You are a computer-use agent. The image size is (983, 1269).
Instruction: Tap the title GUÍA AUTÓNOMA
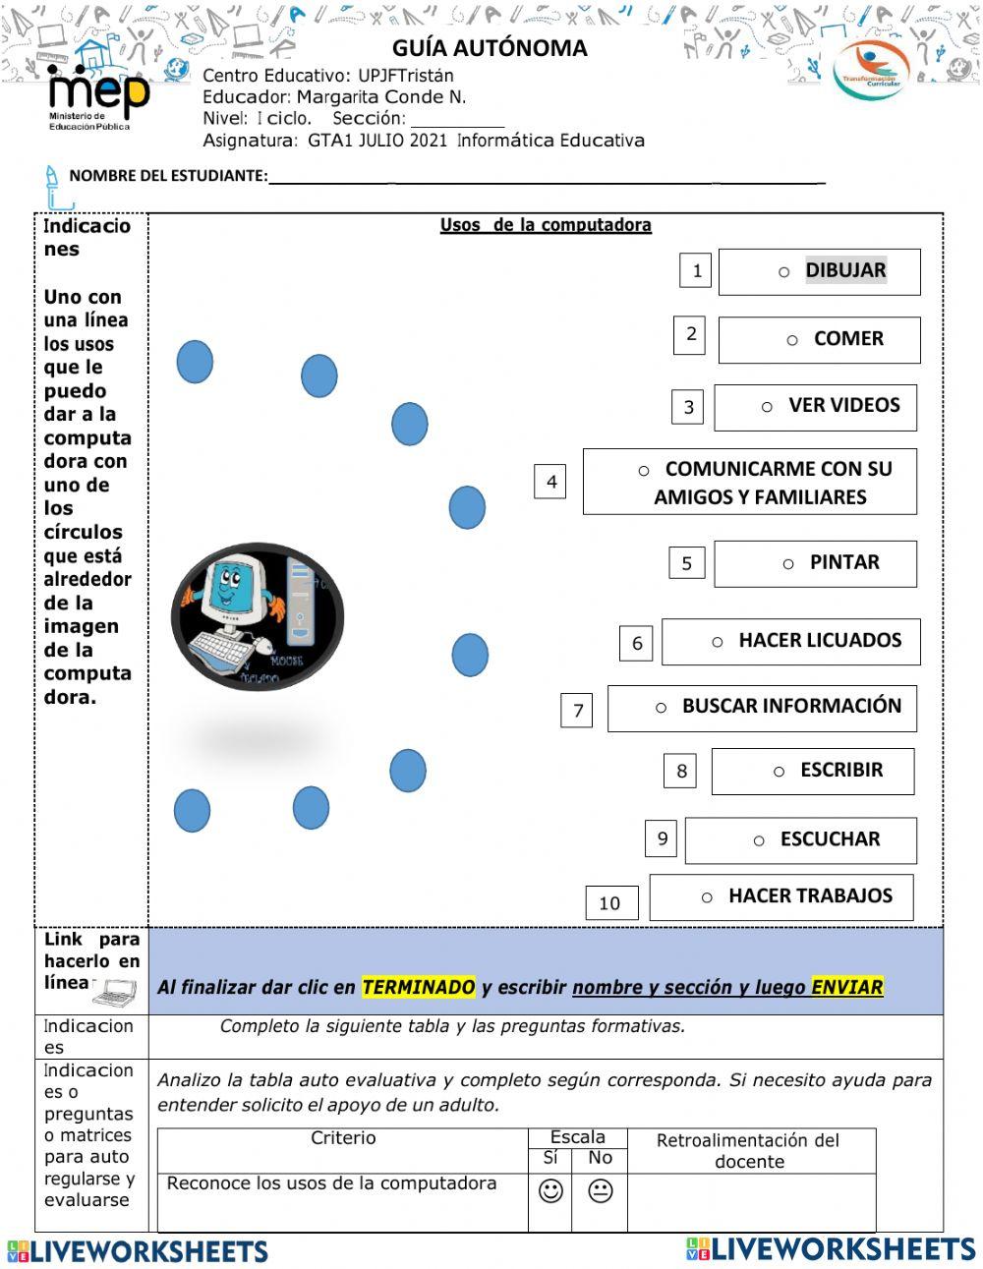pyautogui.click(x=490, y=48)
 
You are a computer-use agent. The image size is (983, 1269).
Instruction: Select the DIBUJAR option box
pyautogui.click(x=819, y=272)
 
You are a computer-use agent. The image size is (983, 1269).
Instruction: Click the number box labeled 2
pyautogui.click(x=690, y=334)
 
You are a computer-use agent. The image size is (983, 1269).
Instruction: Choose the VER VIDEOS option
pyautogui.click(x=815, y=407)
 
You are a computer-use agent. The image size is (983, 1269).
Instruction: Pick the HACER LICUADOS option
pyautogui.click(x=790, y=641)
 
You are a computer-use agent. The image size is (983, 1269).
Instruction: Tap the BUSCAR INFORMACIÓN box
pyautogui.click(x=762, y=708)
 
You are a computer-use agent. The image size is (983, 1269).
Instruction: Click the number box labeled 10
pyautogui.click(x=610, y=902)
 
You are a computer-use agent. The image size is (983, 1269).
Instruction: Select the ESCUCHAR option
pyautogui.click(x=800, y=840)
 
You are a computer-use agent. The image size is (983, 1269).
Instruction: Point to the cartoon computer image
pyautogui.click(x=258, y=616)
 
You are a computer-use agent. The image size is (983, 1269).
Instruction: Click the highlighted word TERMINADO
pyautogui.click(x=418, y=988)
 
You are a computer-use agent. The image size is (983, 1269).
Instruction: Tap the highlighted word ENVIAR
pyautogui.click(x=846, y=988)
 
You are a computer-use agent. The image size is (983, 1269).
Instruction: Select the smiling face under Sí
pyautogui.click(x=550, y=1191)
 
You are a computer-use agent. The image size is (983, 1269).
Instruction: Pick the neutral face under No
pyautogui.click(x=600, y=1191)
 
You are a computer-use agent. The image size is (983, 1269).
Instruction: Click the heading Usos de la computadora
pyautogui.click(x=546, y=225)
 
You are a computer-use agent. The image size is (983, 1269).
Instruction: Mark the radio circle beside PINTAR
pyautogui.click(x=788, y=564)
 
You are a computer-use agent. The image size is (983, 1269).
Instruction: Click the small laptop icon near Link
pyautogui.click(x=114, y=993)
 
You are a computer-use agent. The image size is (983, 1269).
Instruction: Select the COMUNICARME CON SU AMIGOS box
pyautogui.click(x=749, y=482)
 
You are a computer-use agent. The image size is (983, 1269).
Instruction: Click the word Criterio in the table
pyautogui.click(x=343, y=1138)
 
